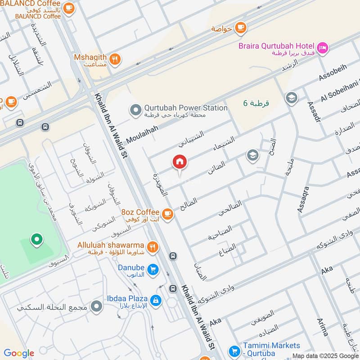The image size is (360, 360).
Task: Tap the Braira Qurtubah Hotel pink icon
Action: [323, 47]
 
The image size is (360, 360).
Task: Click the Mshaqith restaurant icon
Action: [115, 58]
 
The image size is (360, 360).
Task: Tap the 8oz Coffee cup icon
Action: [168, 214]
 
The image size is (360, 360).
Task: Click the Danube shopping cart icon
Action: [153, 270]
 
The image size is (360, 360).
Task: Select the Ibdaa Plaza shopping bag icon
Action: [156, 300]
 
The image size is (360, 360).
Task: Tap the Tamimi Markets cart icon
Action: [234, 351]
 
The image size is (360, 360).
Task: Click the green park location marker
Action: [36, 239]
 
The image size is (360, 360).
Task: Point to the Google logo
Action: [18, 353]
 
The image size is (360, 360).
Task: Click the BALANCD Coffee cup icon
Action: [68, 8]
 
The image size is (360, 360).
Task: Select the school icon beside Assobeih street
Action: [292, 98]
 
